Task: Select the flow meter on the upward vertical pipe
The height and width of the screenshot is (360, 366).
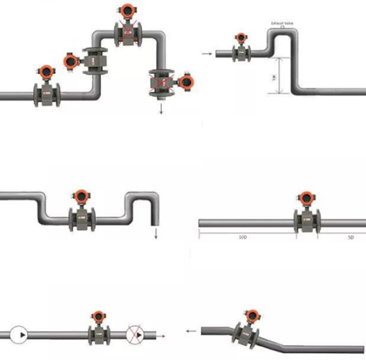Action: [x=94, y=61]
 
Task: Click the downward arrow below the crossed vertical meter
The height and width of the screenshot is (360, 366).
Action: [x=161, y=111]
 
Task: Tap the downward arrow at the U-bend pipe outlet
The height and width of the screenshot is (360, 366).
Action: [x=155, y=232]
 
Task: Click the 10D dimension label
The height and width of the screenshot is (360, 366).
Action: [x=240, y=236]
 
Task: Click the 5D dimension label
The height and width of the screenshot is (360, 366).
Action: [x=349, y=236]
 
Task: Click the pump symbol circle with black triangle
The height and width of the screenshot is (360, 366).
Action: [x=18, y=333]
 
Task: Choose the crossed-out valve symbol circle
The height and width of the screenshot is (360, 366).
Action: [x=136, y=333]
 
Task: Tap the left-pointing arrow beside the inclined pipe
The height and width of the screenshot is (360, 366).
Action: [x=188, y=332]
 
